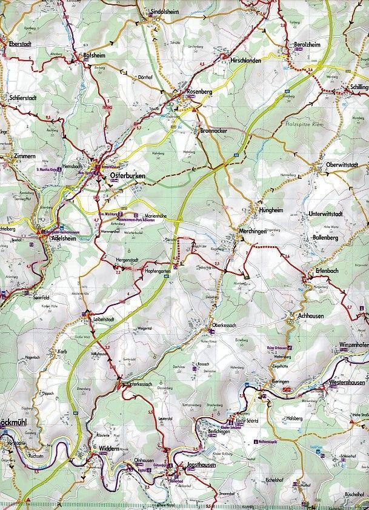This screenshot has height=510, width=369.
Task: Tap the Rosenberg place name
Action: (198, 92)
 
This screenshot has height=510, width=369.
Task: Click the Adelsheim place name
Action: (64, 239)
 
